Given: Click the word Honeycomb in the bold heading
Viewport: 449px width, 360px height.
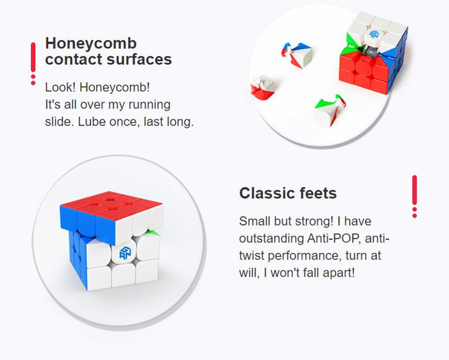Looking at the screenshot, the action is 91,44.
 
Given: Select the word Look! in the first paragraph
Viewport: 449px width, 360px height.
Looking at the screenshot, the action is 60,87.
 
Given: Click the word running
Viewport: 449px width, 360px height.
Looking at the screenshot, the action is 149,105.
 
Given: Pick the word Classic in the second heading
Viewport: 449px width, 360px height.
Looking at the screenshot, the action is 267,193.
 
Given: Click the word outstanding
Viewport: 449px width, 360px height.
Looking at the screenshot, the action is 271,239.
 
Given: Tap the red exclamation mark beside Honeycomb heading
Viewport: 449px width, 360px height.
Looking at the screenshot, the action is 33,63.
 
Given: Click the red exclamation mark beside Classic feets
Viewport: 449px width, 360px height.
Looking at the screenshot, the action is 414,197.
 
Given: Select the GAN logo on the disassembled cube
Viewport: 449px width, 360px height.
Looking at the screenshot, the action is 374,34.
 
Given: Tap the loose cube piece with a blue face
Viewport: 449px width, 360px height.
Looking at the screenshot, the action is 296,55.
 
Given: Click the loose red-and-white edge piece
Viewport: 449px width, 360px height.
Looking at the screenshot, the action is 263,87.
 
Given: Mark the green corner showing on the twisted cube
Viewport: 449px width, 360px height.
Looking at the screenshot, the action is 153,232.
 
